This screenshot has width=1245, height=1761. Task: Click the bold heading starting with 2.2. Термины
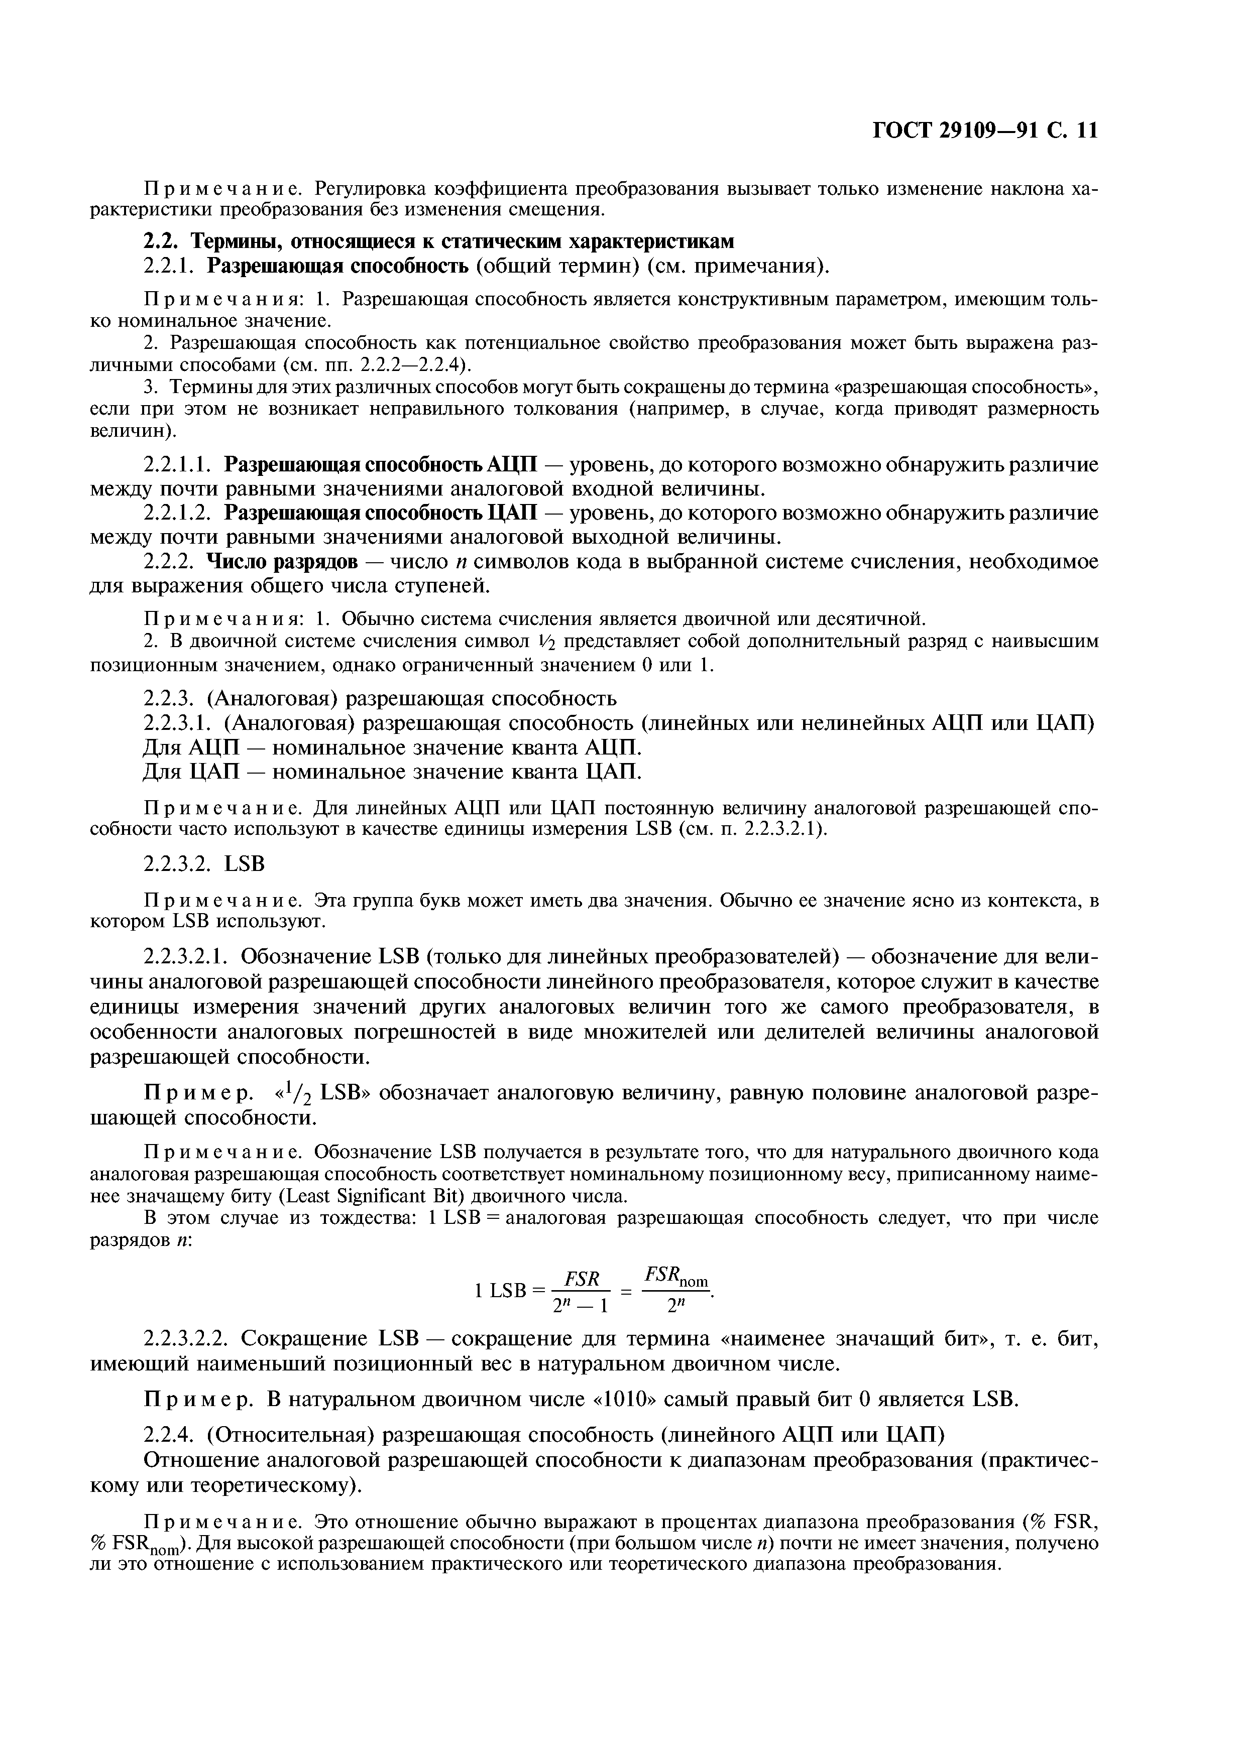point(439,241)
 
